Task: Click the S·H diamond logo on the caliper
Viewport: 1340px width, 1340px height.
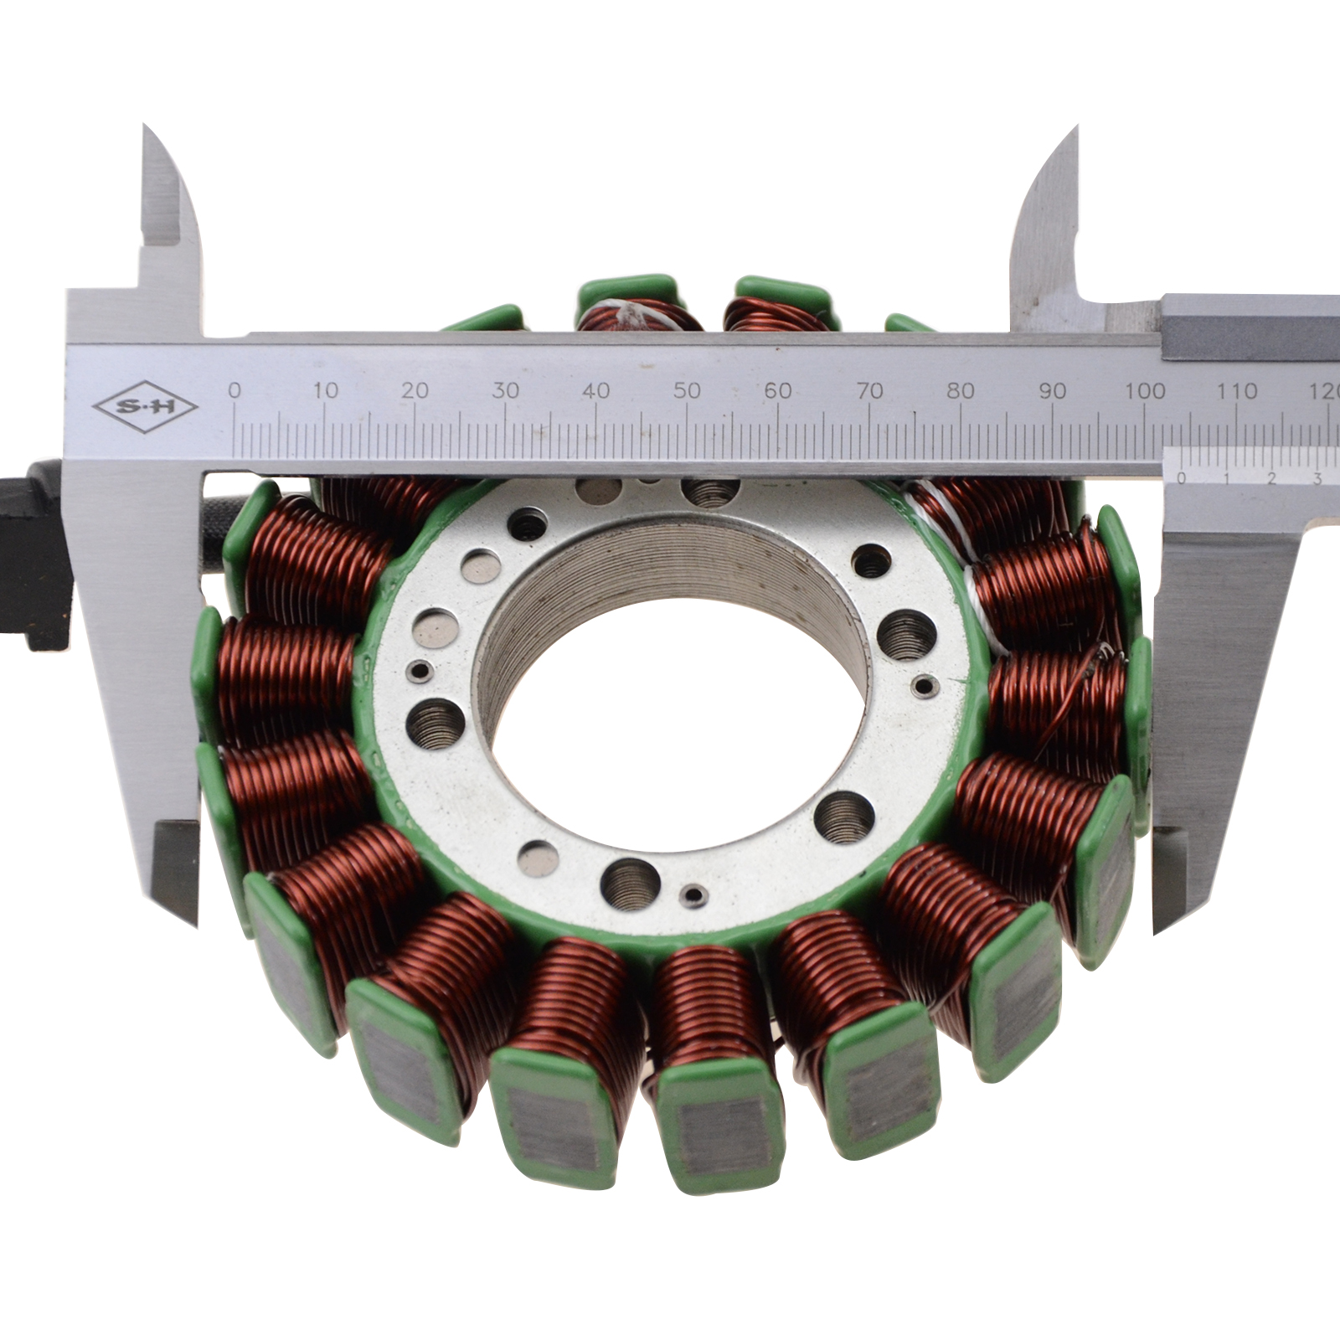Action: pos(144,408)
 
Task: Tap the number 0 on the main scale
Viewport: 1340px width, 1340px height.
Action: pos(234,389)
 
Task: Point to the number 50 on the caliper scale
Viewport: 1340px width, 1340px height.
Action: pos(687,390)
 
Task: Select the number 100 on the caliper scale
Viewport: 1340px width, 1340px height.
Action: pos(1145,390)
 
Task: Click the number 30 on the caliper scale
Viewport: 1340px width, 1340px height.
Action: pos(505,390)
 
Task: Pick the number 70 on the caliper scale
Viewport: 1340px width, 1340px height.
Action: pos(869,390)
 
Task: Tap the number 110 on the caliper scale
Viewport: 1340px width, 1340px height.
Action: pos(1237,390)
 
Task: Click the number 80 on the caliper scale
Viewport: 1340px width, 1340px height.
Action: pos(961,390)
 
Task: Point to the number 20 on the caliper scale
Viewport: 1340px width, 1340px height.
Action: pos(415,390)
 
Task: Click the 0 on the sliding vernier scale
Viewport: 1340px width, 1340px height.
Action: pos(1181,479)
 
